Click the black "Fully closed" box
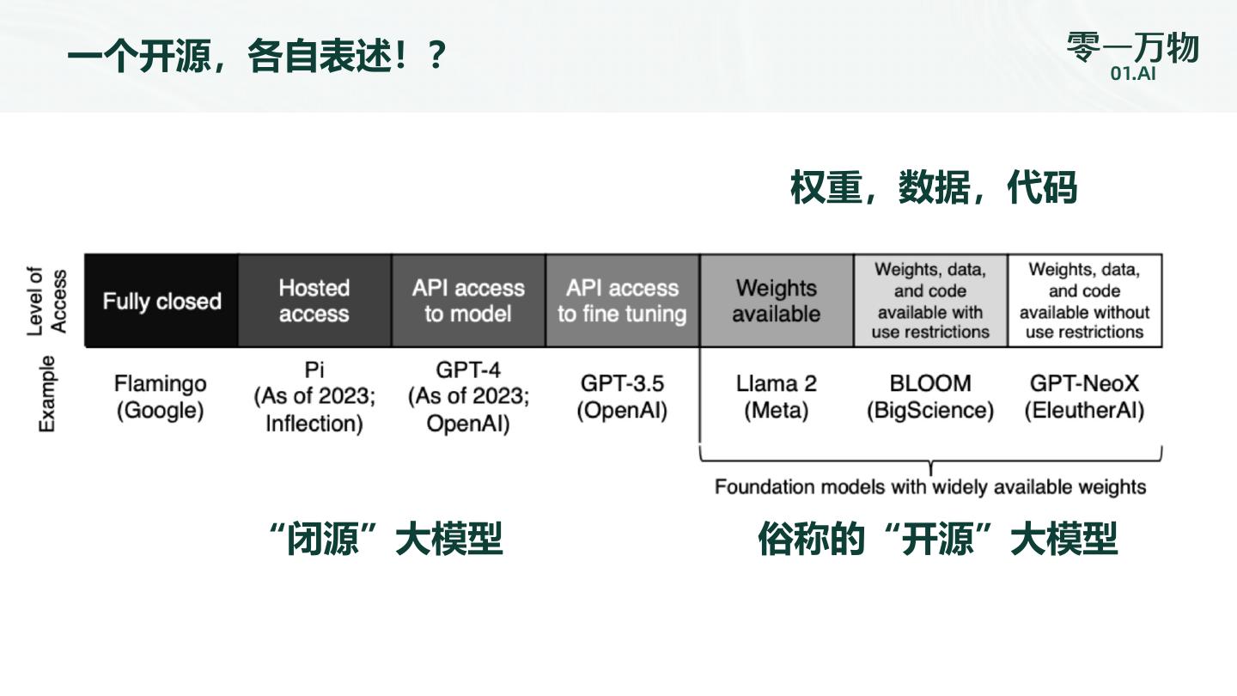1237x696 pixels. tap(161, 301)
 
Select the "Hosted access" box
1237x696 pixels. tap(314, 301)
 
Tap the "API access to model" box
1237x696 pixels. tap(468, 301)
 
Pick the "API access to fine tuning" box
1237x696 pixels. tap(622, 301)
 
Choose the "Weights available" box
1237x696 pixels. tap(776, 301)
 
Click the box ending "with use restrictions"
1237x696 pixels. tap(930, 301)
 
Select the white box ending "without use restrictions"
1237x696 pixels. tap(1084, 301)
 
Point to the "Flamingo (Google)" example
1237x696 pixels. tap(161, 397)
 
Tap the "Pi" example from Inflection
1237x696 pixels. tap(314, 397)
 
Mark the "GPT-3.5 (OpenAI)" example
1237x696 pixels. tap(622, 397)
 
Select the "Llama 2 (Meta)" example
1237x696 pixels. tap(776, 397)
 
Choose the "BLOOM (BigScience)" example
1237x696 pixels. tap(930, 397)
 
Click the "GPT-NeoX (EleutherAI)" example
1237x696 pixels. tap(1084, 397)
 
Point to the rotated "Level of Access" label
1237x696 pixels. tap(47, 301)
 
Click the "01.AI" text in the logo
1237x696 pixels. tap(1133, 73)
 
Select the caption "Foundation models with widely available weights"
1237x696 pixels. tap(930, 487)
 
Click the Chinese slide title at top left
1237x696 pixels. tap(257, 57)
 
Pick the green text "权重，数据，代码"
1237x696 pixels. tap(933, 187)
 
